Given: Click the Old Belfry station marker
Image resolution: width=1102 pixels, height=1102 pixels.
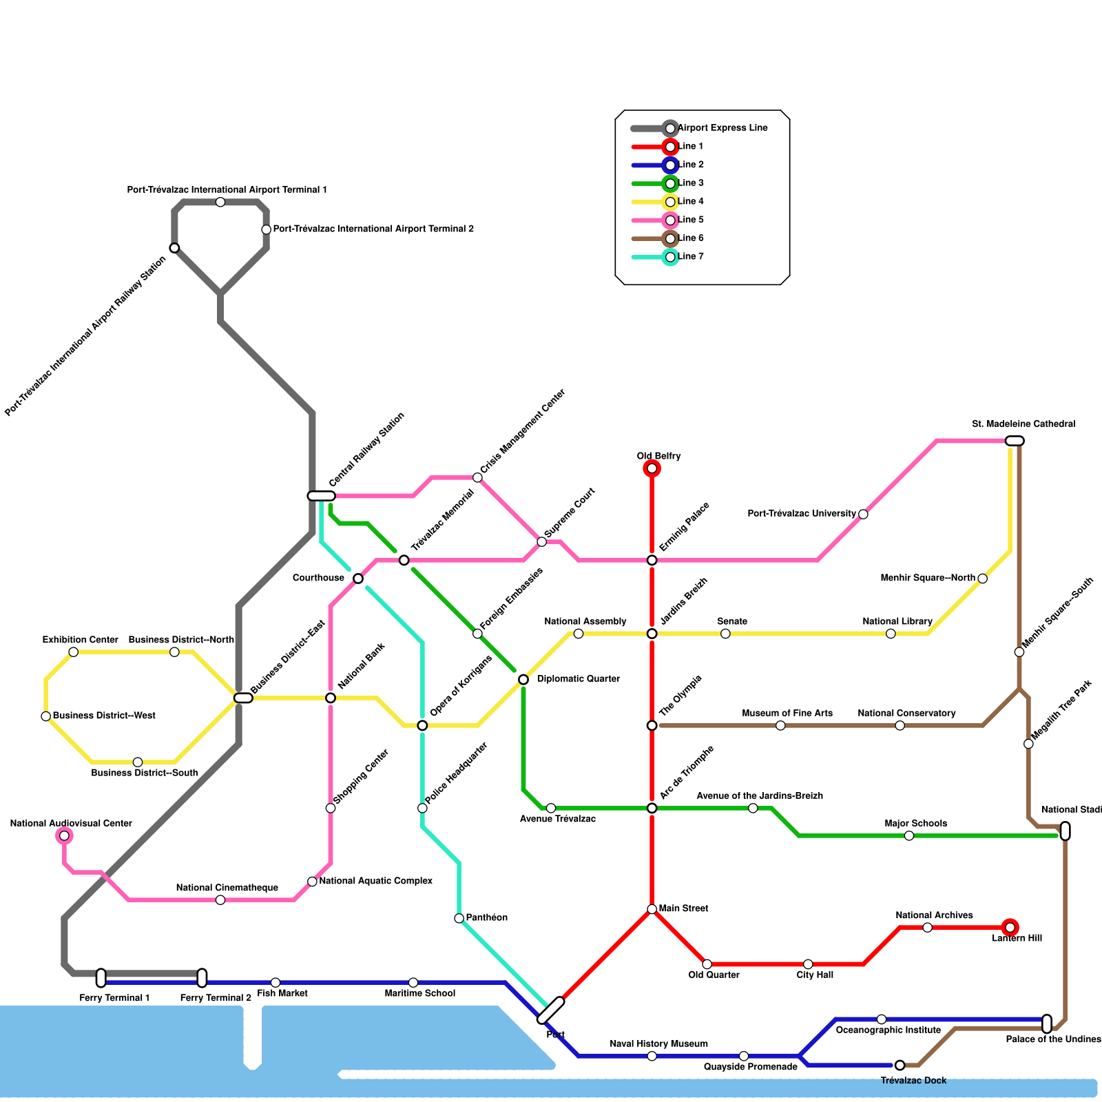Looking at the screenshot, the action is click(x=652, y=469).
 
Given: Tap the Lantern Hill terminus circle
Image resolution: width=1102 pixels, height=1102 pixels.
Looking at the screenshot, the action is click(x=1010, y=928).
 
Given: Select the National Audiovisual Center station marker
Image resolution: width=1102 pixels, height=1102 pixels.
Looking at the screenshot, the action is click(x=64, y=836).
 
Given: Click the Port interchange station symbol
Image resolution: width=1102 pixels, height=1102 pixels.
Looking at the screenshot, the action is click(x=551, y=1010).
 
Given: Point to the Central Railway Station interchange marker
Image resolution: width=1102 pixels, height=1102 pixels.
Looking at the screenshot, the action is click(x=321, y=496).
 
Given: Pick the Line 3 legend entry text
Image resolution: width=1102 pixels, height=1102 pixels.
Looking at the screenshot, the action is click(x=691, y=183).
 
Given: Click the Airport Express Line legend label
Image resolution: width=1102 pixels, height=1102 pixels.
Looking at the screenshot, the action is click(x=722, y=128).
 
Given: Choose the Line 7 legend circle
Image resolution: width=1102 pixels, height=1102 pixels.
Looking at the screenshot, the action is click(x=670, y=257).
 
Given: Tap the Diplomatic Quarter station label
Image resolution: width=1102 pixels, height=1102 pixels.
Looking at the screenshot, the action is click(x=579, y=679).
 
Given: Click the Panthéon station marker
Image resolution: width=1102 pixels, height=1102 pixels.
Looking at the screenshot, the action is click(x=459, y=918).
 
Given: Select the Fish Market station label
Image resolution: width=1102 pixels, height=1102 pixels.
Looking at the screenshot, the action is click(x=282, y=993).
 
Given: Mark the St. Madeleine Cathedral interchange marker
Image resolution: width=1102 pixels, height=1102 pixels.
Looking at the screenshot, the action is click(x=1015, y=441).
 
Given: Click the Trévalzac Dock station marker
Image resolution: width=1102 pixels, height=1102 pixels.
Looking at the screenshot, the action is click(x=900, y=1065).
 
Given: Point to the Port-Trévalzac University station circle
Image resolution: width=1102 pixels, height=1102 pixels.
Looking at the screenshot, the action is click(x=863, y=514).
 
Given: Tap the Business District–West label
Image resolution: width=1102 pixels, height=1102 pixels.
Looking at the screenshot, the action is click(x=104, y=716).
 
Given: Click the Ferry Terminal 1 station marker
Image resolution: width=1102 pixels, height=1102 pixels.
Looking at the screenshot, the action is click(x=101, y=978).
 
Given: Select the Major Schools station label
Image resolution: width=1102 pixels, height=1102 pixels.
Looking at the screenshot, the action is click(x=915, y=824).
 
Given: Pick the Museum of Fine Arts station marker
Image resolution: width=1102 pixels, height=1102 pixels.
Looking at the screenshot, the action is click(x=780, y=725).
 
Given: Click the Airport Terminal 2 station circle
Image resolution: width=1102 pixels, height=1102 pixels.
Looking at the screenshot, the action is click(x=266, y=229).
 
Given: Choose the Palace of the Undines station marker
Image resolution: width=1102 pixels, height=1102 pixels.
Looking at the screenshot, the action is click(x=1047, y=1024).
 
